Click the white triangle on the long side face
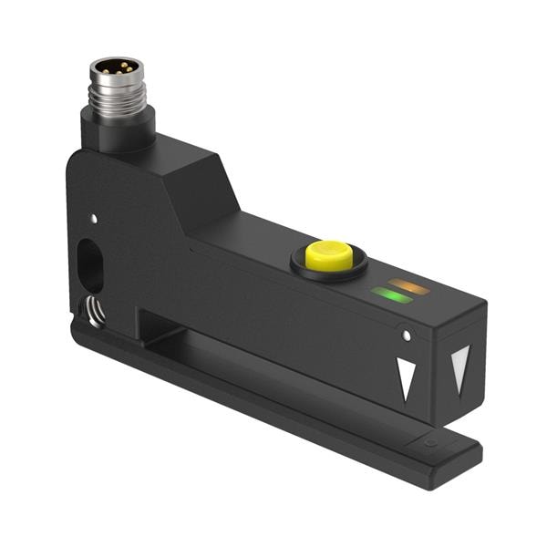(x=406, y=378)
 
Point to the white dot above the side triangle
(x=407, y=336)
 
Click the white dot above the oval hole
(x=93, y=219)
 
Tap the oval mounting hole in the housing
(x=92, y=264)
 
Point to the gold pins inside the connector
(x=115, y=67)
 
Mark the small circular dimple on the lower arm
(x=430, y=443)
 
